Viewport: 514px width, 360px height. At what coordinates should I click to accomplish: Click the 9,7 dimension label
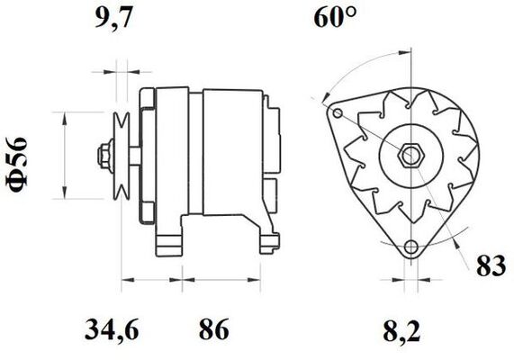pos(114,19)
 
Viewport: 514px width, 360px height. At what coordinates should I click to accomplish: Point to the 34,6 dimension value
pos(112,329)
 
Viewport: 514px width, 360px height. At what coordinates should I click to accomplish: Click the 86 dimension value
pos(213,328)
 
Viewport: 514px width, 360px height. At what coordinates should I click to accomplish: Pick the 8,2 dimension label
pos(401,331)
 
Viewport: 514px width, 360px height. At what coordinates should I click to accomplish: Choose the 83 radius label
pos(491,265)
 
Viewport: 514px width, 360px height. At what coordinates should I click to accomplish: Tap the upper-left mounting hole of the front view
pos(338,113)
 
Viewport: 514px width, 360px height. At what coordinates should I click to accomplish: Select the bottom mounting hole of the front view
pos(410,247)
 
